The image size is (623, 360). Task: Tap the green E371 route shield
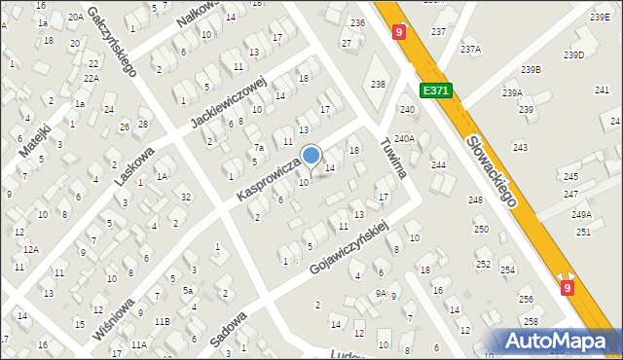coord(435,90)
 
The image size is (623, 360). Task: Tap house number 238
coord(379,84)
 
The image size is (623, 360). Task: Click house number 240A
coord(405,139)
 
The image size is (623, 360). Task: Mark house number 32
coord(185,197)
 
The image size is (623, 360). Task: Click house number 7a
coord(259,148)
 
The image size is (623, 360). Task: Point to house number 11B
coord(162,321)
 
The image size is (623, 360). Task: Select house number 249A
coord(581,214)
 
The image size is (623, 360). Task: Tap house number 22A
coord(92,78)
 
